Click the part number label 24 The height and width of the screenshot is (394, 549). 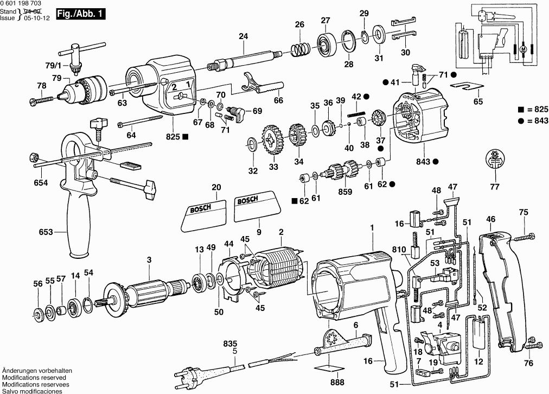243,36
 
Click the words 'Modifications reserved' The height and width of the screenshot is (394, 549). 34,377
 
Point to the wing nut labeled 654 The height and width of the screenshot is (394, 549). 32,157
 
